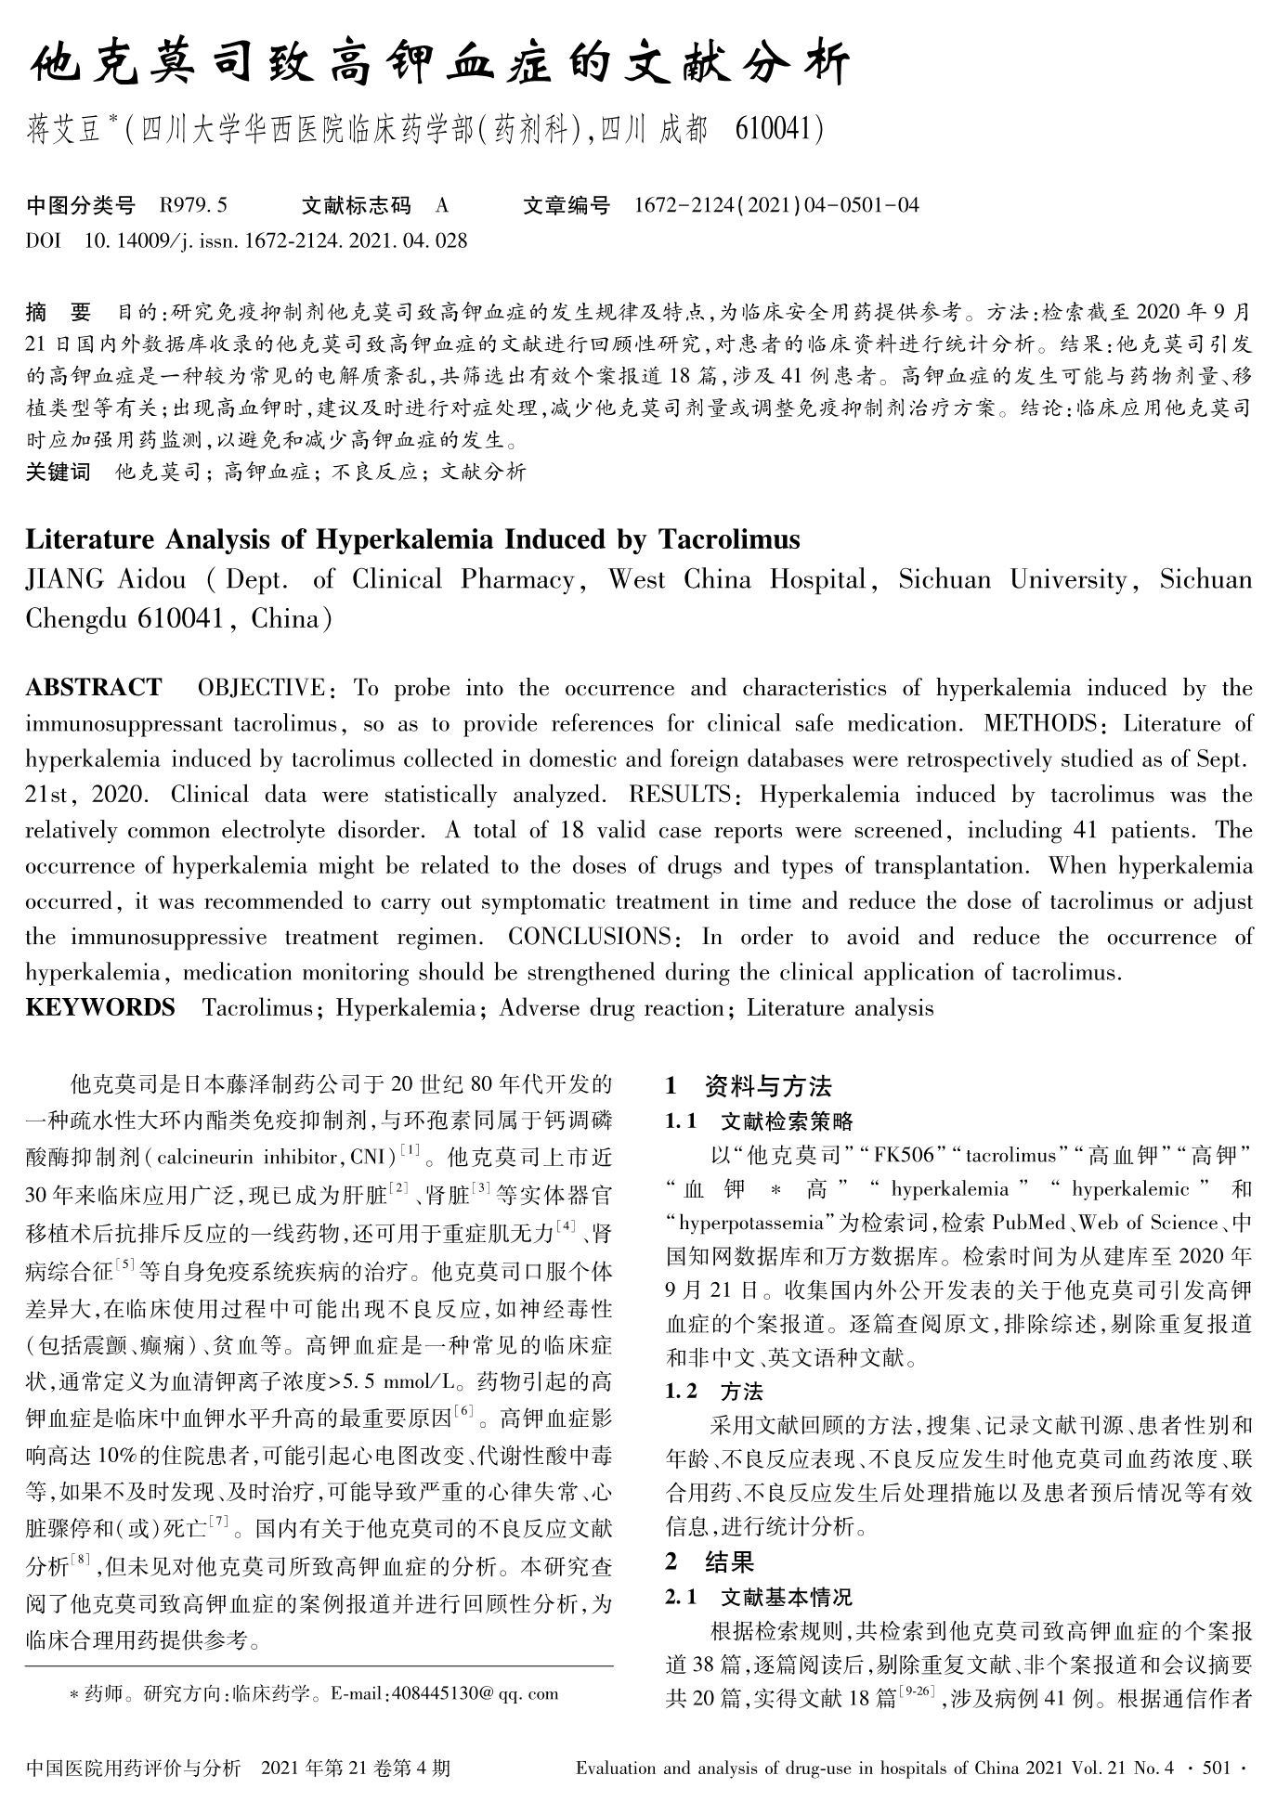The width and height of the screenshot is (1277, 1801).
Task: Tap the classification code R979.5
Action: (x=193, y=205)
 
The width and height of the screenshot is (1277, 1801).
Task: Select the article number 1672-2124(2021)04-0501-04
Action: (x=775, y=205)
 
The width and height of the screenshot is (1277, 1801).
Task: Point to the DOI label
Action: (x=43, y=241)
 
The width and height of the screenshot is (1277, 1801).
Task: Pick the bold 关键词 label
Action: (x=58, y=472)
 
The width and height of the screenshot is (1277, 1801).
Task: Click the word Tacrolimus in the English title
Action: (x=729, y=539)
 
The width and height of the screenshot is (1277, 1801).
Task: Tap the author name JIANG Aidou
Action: (x=105, y=580)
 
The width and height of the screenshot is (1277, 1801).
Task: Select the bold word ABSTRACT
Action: (x=93, y=688)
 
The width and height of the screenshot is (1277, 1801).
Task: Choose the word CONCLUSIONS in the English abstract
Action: (x=590, y=937)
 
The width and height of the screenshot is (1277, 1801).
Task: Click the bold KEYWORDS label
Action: (x=99, y=1008)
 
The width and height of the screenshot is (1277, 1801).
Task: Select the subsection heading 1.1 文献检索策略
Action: (x=759, y=1121)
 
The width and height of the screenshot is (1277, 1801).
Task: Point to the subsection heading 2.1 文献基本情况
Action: (x=759, y=1598)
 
